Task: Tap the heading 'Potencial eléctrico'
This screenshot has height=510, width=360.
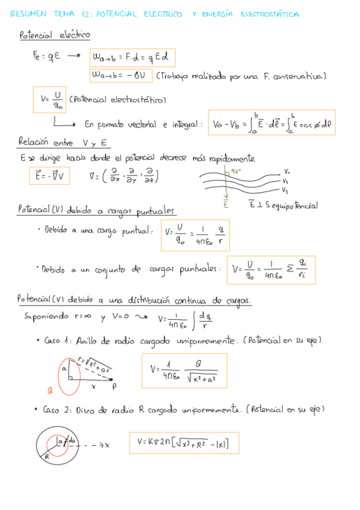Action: [55, 36]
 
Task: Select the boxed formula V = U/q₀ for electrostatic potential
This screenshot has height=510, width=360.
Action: [49, 99]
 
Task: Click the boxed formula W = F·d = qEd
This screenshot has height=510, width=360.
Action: [132, 58]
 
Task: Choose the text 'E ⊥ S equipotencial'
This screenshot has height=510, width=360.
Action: [282, 205]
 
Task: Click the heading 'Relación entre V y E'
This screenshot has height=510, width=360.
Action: [63, 143]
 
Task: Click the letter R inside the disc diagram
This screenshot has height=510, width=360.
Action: [46, 456]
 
